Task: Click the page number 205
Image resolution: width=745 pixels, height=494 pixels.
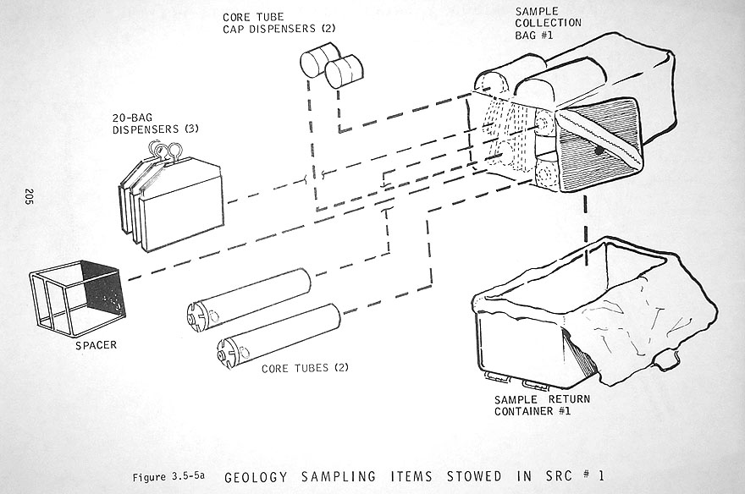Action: pos(29,197)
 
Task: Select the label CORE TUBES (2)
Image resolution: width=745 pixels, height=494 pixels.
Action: pos(306,368)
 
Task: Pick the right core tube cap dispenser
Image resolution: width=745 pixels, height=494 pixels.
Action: pos(345,71)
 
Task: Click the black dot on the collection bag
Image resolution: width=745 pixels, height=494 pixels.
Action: pos(599,150)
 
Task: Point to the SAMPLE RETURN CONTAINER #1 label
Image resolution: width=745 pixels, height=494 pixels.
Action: pos(543,405)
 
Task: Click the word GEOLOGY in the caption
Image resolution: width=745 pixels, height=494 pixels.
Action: pos(263,475)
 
